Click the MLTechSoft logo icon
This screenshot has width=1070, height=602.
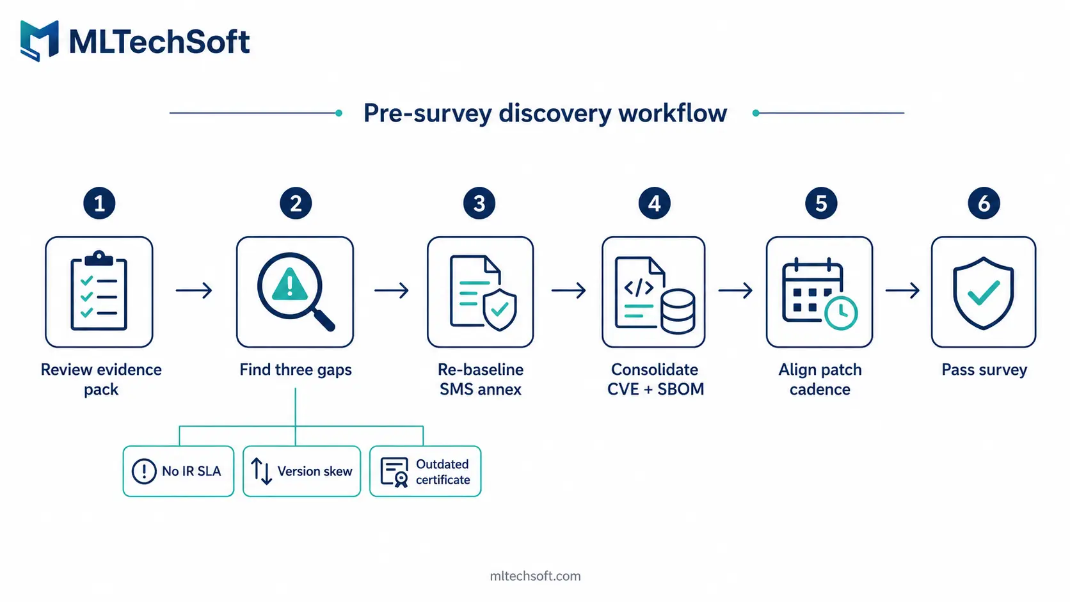coord(39,40)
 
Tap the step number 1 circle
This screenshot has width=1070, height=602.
coord(99,203)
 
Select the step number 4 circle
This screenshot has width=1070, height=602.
coord(655,203)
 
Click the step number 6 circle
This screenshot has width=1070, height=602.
coord(984,203)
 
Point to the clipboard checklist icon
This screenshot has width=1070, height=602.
coord(99,290)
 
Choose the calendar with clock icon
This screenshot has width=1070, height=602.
coord(819,293)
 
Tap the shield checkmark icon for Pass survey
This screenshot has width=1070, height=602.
coord(983,293)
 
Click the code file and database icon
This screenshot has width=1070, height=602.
coord(655,294)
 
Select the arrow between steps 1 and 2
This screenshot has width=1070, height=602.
coord(194,290)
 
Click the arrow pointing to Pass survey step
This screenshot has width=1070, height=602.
coord(902,290)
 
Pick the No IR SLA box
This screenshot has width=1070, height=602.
coord(178,471)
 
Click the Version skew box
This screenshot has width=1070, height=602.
coord(301,471)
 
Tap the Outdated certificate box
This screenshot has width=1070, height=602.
coord(425,471)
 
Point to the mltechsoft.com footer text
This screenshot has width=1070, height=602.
coord(535,576)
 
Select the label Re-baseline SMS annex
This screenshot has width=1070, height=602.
coord(481,379)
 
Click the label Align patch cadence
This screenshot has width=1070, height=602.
coord(820,379)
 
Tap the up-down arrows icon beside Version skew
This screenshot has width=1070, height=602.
coord(261,471)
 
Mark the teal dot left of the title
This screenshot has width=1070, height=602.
coord(339,113)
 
